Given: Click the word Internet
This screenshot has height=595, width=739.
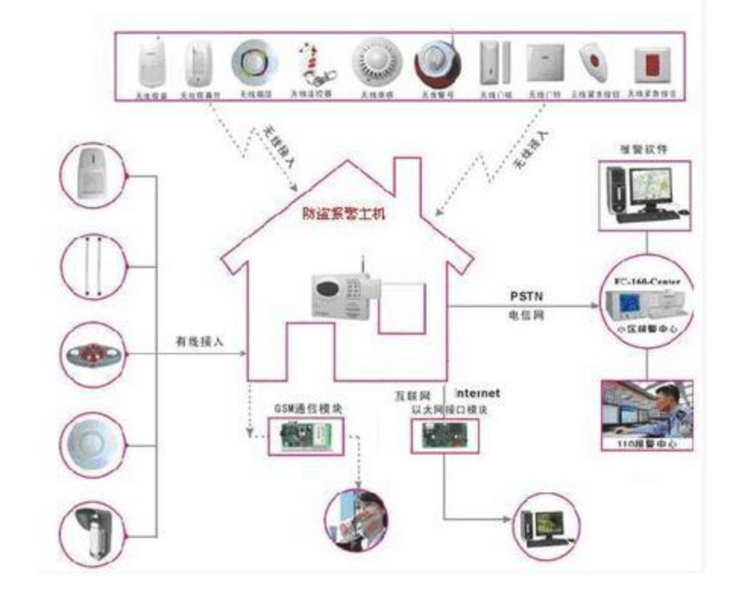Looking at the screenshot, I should tap(477, 393).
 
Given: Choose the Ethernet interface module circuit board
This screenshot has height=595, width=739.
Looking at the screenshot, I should tap(445, 436).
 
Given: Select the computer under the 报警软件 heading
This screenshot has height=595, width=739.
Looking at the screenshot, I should tap(645, 192).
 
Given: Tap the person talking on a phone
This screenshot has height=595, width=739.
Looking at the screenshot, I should tap(357, 519).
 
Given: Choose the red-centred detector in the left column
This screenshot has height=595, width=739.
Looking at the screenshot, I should tap(93, 355).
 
